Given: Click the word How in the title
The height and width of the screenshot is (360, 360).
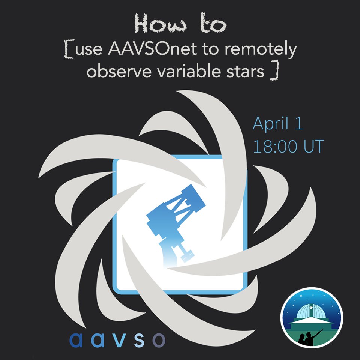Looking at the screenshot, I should (x=154, y=25).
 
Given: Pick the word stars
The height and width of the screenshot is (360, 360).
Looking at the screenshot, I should (x=247, y=71).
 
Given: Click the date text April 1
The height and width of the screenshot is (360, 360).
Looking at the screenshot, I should (x=278, y=123).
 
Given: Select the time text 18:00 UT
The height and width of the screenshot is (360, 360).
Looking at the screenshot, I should (x=288, y=147).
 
